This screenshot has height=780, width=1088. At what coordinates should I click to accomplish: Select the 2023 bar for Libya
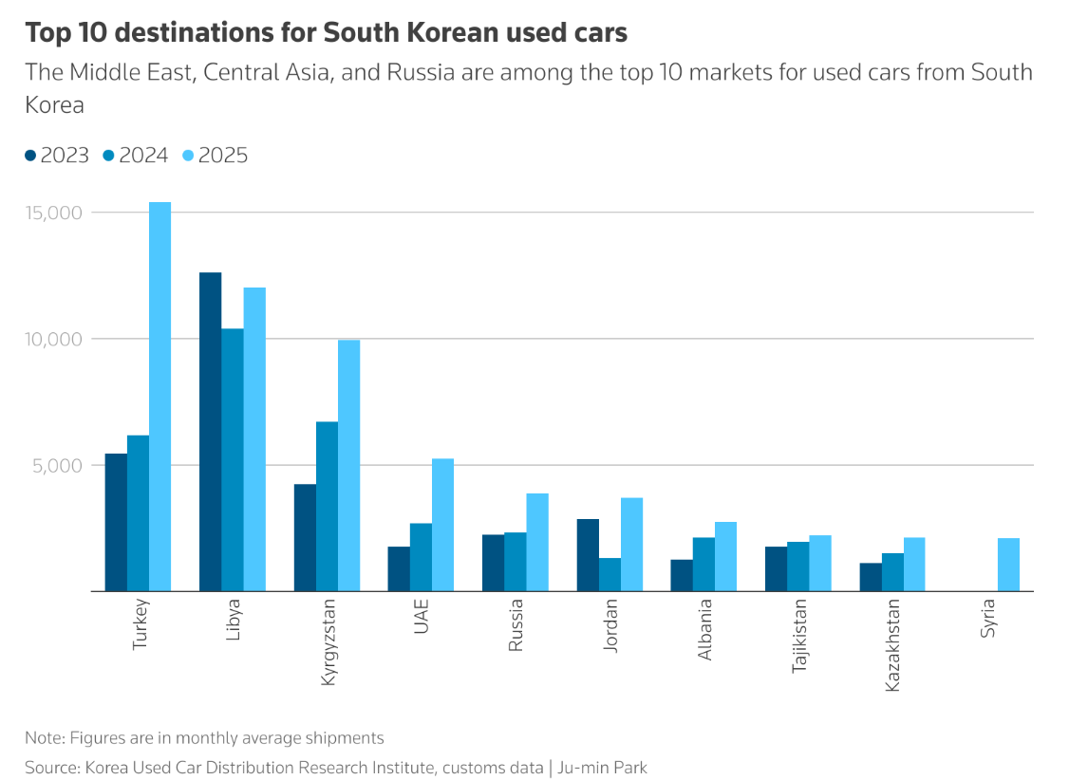pyautogui.click(x=210, y=432)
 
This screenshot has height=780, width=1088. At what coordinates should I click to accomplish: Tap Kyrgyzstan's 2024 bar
pyautogui.click(x=327, y=507)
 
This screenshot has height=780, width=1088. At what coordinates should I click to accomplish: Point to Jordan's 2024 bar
pyautogui.click(x=610, y=574)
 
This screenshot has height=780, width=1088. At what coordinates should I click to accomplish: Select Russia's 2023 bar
pyautogui.click(x=493, y=563)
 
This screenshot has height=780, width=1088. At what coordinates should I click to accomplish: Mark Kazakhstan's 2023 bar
pyautogui.click(x=870, y=577)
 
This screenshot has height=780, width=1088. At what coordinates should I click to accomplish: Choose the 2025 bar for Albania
pyautogui.click(x=725, y=556)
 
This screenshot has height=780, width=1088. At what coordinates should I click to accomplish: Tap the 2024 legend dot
pyautogui.click(x=108, y=156)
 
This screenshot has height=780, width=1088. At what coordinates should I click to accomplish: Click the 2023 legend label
pyautogui.click(x=65, y=156)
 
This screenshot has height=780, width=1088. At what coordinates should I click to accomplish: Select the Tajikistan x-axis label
pyautogui.click(x=799, y=635)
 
